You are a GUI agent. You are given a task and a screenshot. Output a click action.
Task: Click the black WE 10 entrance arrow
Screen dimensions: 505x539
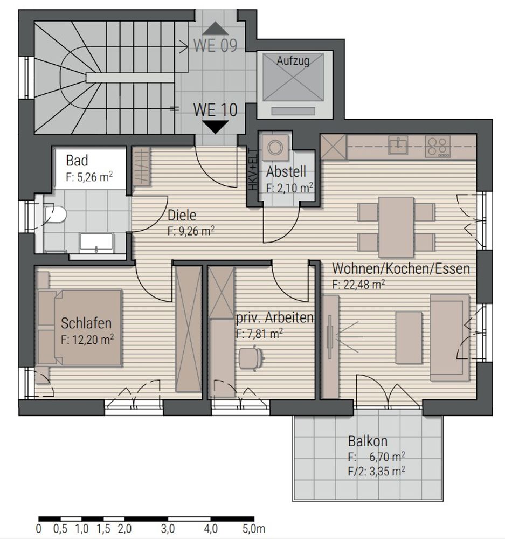(x=216, y=127)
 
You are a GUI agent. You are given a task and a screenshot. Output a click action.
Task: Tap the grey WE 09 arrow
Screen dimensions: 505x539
(x=216, y=29)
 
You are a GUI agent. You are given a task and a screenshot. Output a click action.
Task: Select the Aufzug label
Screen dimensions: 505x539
(x=293, y=61)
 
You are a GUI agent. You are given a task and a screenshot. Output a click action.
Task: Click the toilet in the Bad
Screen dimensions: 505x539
(x=55, y=214)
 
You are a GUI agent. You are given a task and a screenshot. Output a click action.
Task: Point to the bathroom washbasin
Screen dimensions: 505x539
(x=96, y=243)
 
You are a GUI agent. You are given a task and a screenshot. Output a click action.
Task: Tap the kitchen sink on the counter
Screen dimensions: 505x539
(x=398, y=146)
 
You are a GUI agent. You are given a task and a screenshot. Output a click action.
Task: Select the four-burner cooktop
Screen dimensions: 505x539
(x=438, y=147)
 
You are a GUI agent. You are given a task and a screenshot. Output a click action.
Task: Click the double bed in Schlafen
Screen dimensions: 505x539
(x=80, y=327)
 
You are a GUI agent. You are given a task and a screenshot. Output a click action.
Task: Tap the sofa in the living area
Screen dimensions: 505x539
(x=450, y=337)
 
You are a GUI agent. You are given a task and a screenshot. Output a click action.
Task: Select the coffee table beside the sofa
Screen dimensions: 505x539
(x=409, y=337)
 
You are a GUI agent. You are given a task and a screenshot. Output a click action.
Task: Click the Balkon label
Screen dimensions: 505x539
(x=368, y=441)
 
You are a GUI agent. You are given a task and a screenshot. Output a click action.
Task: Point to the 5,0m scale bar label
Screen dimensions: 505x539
(x=254, y=529)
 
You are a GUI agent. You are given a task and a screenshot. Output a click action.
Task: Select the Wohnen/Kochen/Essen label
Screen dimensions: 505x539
(x=401, y=269)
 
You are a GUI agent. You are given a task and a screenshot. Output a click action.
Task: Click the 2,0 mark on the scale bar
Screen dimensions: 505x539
(x=124, y=529)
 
